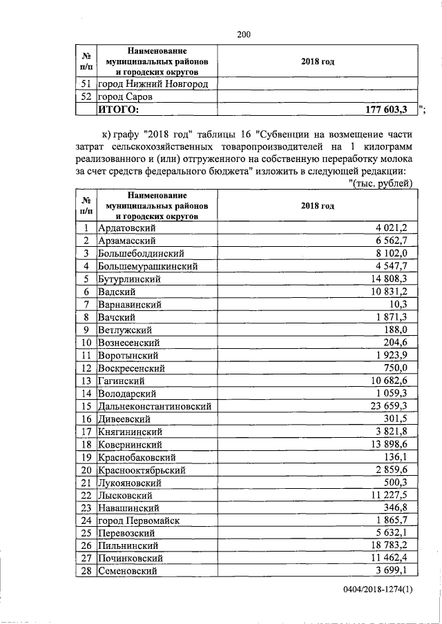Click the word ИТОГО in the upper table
(118, 110)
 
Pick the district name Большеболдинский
(142, 254)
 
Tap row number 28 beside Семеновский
(86, 572)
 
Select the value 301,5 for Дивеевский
(400, 419)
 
